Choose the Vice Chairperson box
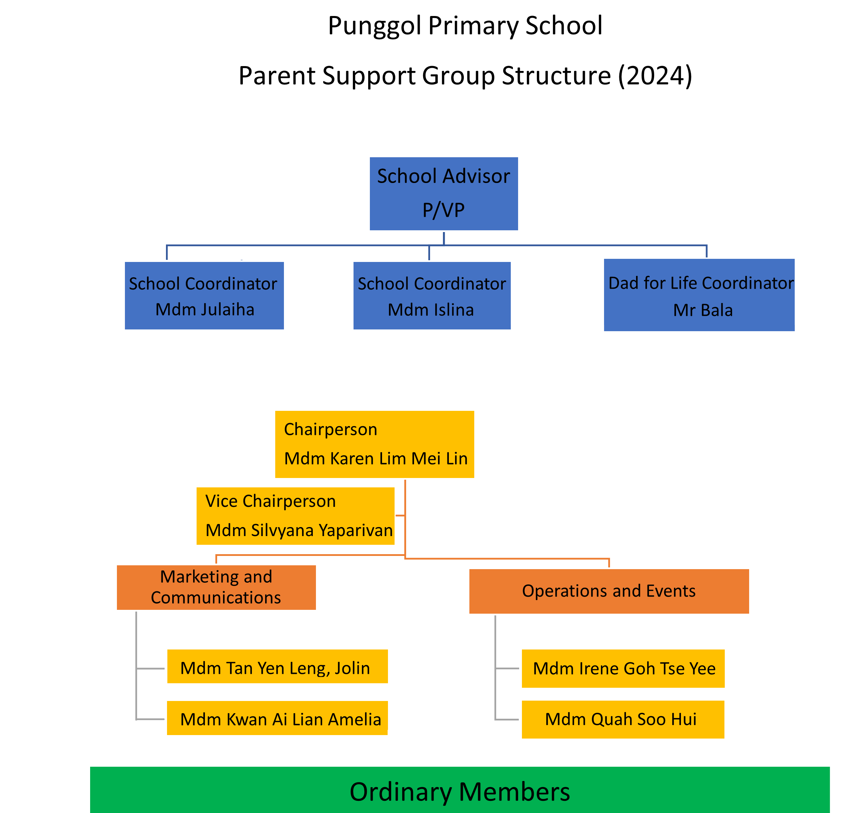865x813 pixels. click(x=295, y=516)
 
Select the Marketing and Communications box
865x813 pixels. click(x=216, y=587)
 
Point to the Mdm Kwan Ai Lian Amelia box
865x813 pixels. click(x=277, y=718)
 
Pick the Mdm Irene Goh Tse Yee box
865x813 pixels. click(x=623, y=669)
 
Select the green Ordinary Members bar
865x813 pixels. click(x=460, y=789)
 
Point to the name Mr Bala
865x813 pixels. click(x=703, y=310)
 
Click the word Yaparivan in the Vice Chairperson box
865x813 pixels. click(x=356, y=531)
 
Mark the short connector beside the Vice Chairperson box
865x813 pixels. click(x=400, y=516)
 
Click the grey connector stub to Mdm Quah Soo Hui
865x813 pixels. click(x=507, y=719)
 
